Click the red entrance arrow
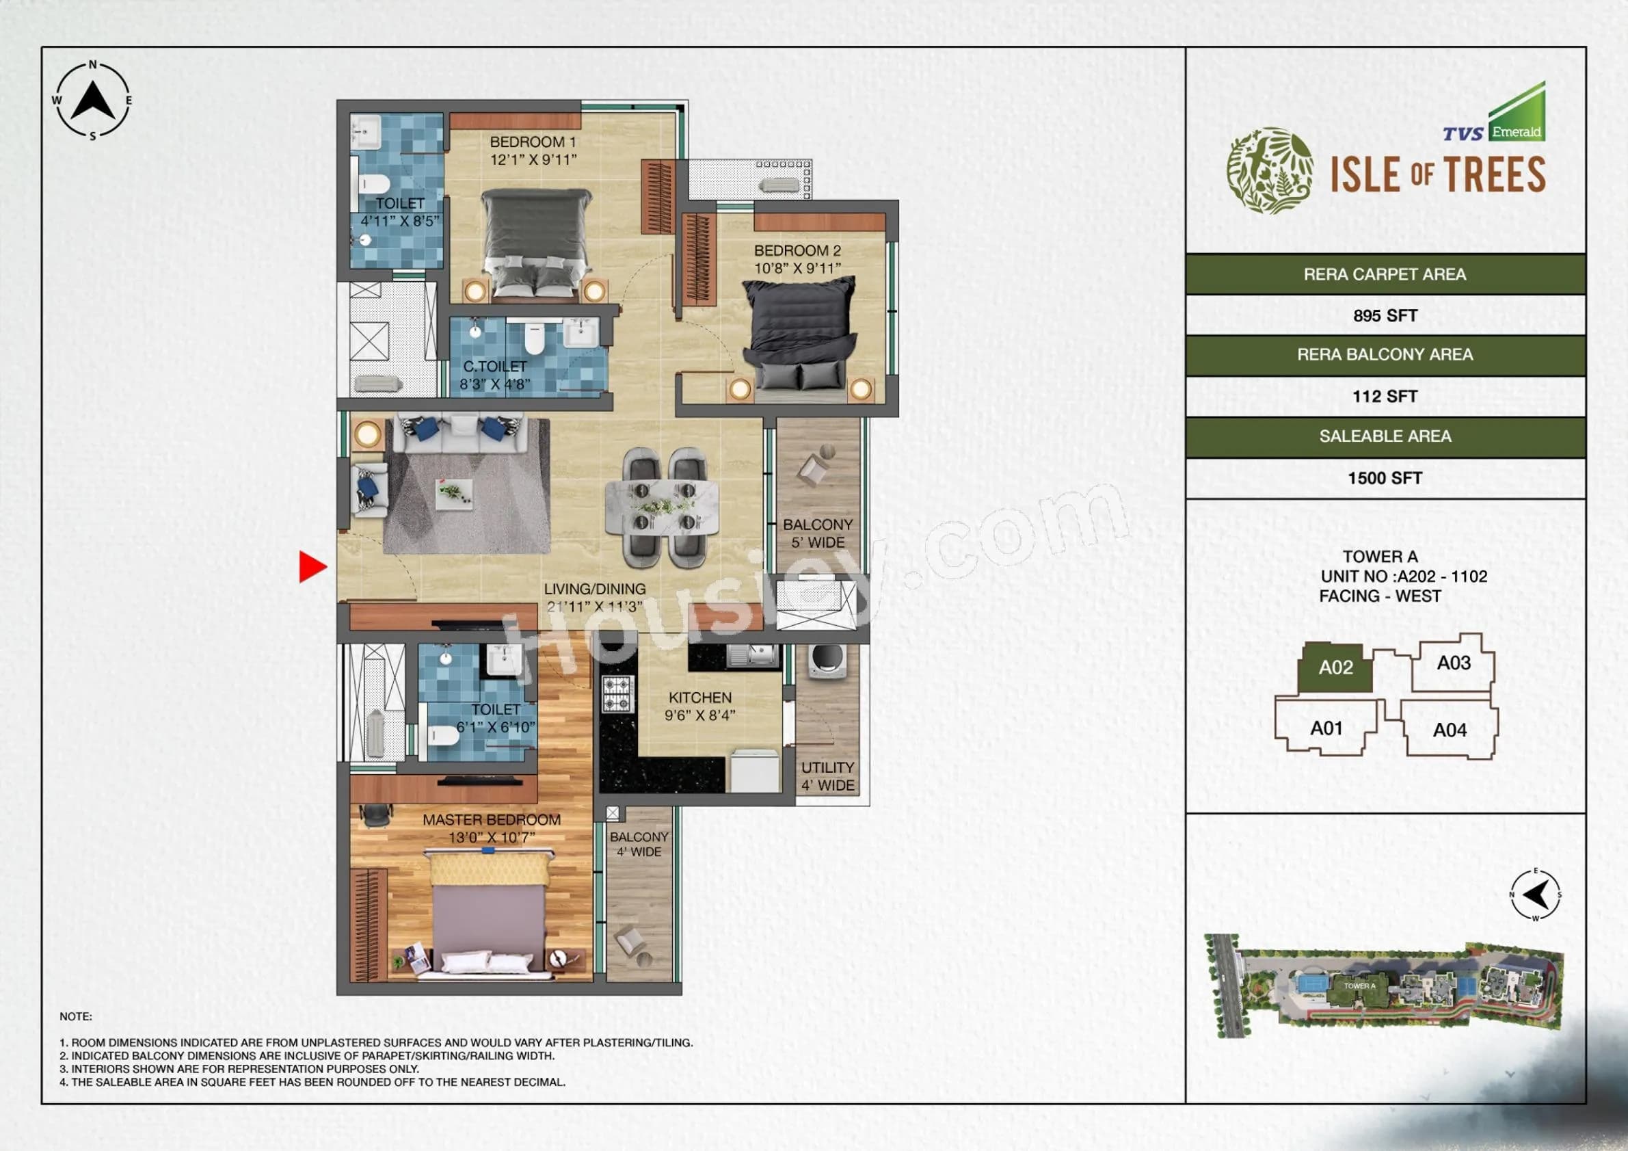311,567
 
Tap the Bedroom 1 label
533,142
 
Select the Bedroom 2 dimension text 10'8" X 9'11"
797,268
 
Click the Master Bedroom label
492,820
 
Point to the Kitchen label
699,698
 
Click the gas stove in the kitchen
617,693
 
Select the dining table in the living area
663,507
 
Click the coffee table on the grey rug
454,494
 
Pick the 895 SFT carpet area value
1385,315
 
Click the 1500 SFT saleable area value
1385,478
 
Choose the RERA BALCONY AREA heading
1385,354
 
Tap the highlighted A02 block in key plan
1335,668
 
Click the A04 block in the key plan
1450,730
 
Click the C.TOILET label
495,367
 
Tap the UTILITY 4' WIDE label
827,776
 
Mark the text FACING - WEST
1380,596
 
